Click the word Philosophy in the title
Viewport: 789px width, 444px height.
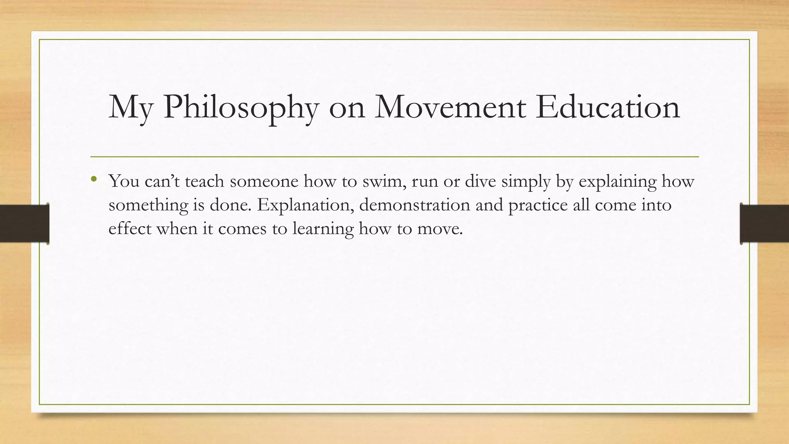[241, 108]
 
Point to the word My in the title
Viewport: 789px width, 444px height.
[131, 108]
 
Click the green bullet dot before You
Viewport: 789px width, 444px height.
[94, 178]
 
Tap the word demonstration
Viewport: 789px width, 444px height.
[415, 205]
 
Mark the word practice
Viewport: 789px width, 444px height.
[538, 205]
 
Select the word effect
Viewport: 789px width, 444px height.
[130, 229]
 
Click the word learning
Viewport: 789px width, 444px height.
[323, 229]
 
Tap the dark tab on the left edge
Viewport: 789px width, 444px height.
[24, 224]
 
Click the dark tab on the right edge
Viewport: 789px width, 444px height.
[764, 224]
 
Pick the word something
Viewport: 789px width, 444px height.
[148, 205]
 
